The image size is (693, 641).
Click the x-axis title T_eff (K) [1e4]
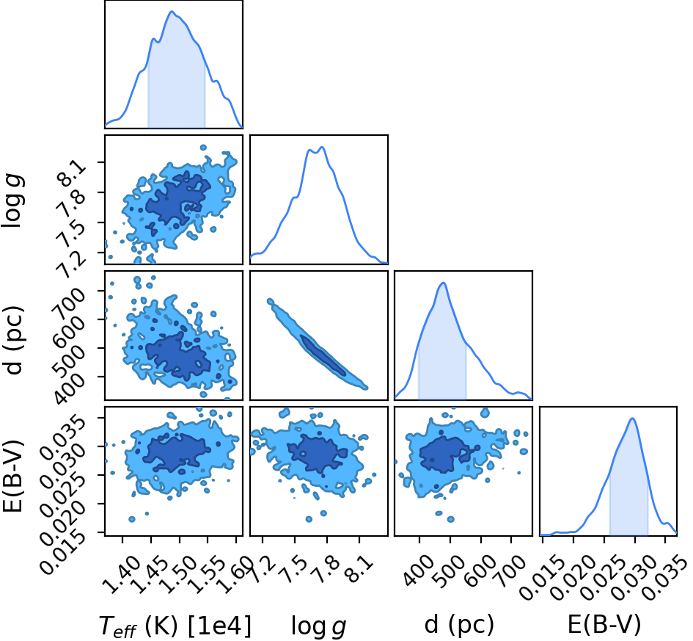175,626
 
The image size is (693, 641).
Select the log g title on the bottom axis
318,626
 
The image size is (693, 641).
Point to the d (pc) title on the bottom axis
459,625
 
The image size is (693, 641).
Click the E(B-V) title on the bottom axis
604,625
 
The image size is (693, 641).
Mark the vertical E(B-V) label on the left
12,476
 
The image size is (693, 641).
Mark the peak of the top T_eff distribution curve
172,11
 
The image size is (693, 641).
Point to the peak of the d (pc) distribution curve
443,283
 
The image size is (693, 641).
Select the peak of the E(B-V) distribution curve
633,418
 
